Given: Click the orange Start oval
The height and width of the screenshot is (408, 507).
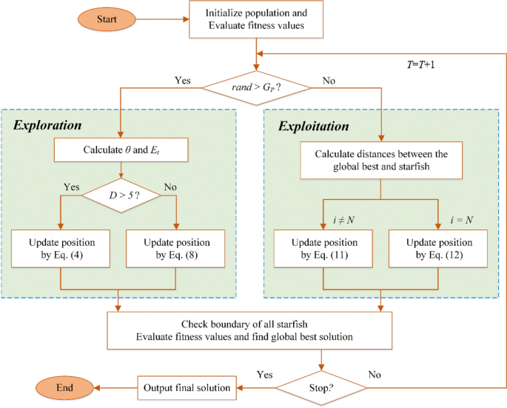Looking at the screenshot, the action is click(107, 19).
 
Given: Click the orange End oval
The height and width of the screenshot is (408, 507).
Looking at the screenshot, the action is click(64, 387).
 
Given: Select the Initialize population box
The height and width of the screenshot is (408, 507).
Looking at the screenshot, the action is click(256, 19).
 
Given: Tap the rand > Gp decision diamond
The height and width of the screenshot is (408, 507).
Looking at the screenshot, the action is click(256, 87).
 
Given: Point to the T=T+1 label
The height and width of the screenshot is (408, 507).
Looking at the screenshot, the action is click(420, 64).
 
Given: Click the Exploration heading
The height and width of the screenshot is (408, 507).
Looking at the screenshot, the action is click(47, 125).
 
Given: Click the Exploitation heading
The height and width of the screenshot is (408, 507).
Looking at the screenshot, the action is click(314, 126).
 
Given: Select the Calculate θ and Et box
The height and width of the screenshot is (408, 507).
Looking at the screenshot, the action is click(121, 150).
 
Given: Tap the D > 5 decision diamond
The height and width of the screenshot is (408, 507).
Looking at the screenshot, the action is click(121, 195).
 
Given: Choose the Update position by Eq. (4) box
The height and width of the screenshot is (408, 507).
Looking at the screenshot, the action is click(61, 249).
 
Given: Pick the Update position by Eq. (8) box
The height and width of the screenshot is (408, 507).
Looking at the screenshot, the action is click(175, 249).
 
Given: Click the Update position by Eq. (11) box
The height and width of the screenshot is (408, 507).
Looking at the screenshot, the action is click(323, 249).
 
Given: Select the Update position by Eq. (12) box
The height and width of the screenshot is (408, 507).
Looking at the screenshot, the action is click(438, 249).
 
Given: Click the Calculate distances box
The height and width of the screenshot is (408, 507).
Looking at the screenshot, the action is click(381, 160).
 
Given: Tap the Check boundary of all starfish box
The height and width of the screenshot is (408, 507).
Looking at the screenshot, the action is click(249, 330).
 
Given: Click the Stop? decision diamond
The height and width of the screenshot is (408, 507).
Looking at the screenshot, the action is click(321, 387).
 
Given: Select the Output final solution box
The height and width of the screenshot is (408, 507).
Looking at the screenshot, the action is click(187, 387).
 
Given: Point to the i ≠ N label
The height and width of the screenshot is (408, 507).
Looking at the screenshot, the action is click(343, 220).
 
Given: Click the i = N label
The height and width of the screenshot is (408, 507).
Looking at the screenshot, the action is click(462, 220).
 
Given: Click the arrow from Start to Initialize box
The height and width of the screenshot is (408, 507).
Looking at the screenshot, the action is click(162, 19).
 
